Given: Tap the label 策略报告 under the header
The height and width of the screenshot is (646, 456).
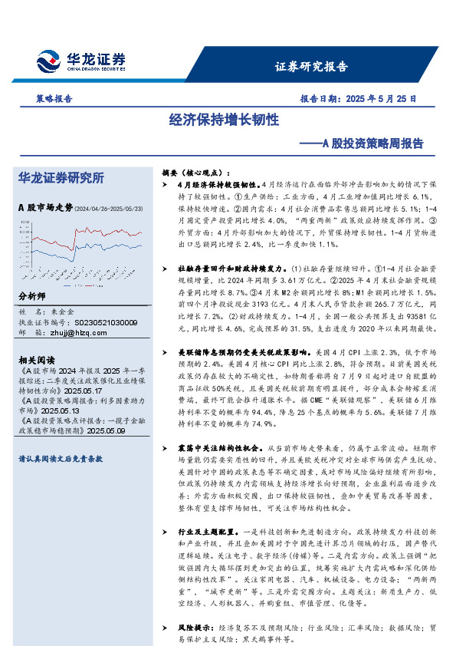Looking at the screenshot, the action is point(54,99).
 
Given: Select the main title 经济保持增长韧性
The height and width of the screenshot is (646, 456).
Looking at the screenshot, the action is point(224,120).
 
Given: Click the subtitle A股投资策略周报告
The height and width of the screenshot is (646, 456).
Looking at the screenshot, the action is point(372,143).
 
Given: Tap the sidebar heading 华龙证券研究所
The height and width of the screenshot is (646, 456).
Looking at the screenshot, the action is point(61,178).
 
